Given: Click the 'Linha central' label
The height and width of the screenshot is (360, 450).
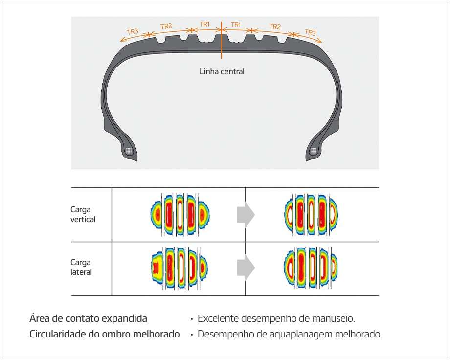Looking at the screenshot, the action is (x=222, y=71).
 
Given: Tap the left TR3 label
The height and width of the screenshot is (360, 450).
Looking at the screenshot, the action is (x=133, y=31).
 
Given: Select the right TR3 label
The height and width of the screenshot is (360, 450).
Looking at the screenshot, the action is (x=310, y=32).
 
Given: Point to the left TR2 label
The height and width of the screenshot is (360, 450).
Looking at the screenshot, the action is (x=166, y=26).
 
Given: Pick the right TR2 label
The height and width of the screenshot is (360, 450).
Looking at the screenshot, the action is (x=275, y=27).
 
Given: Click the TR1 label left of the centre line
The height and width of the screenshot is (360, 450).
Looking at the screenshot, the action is (x=204, y=24).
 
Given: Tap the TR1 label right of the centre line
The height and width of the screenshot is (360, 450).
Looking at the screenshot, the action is (x=236, y=25).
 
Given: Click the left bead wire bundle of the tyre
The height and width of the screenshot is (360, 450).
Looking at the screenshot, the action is (x=129, y=151).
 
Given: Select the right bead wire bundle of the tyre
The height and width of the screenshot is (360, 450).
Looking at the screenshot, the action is (x=314, y=151).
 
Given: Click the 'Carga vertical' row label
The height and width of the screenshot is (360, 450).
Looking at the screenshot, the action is (x=83, y=214).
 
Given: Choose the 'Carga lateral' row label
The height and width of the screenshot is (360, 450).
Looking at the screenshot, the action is (x=81, y=267).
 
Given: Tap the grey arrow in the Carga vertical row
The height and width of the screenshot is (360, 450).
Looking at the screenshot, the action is (x=246, y=214).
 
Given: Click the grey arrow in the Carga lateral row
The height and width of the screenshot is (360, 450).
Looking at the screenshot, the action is (x=246, y=268).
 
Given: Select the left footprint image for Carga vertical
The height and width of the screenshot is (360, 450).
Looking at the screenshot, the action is (x=180, y=214).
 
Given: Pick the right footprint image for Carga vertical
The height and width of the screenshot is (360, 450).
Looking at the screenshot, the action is (x=312, y=214).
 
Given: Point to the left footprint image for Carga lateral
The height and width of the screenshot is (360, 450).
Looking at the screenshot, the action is (x=180, y=268).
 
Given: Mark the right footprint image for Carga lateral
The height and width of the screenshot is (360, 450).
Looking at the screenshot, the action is (x=311, y=268).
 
